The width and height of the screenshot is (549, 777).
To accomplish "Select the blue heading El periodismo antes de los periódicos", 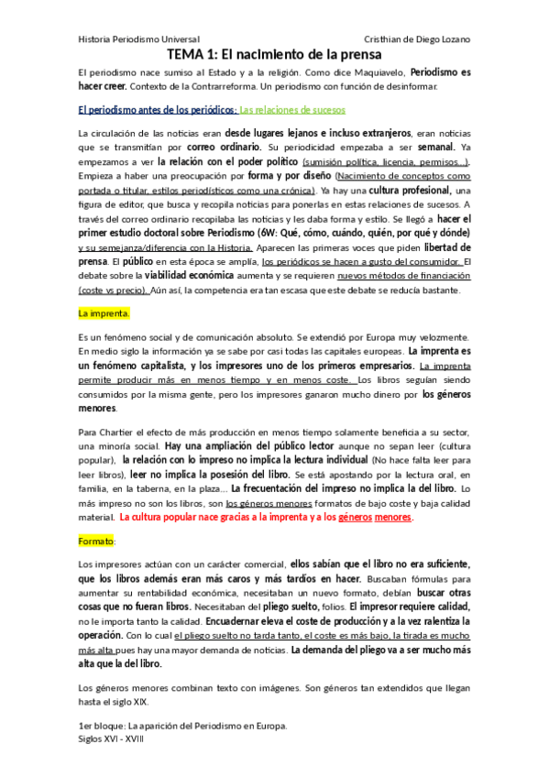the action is (x=157, y=110).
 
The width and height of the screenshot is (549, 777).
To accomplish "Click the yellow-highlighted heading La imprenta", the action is (x=104, y=313).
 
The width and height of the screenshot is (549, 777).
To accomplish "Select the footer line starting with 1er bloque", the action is (x=183, y=725).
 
